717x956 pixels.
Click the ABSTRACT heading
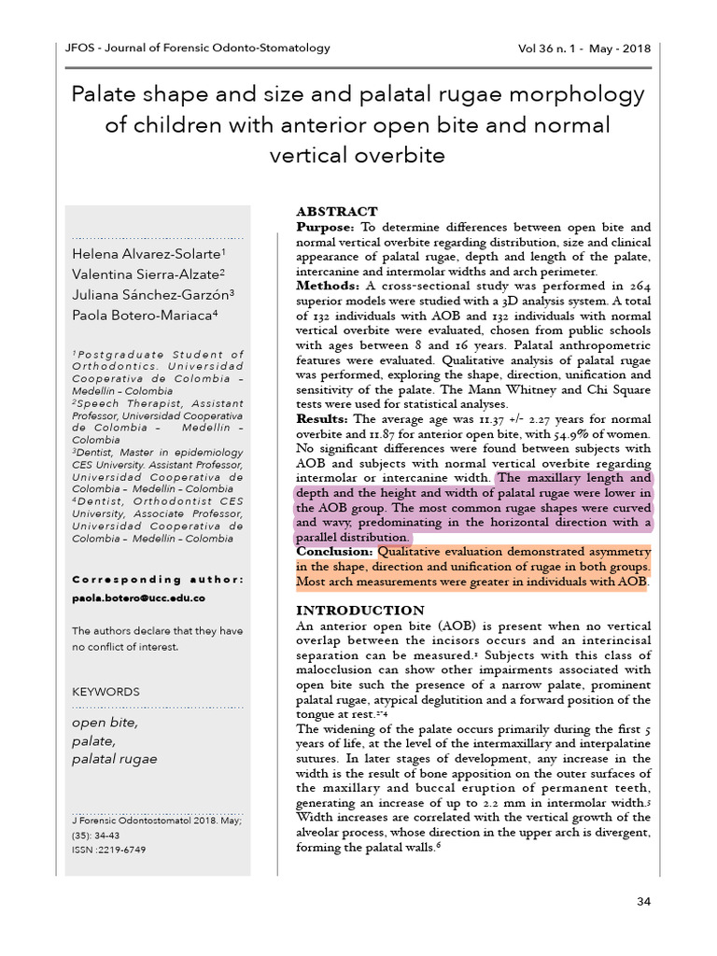[x=337, y=212]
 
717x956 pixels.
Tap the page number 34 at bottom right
[x=642, y=901]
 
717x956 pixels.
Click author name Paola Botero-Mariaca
[x=145, y=315]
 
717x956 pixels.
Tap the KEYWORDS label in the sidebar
[x=105, y=692]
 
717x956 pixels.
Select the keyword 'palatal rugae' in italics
[x=115, y=760]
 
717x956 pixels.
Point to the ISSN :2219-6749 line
[x=109, y=850]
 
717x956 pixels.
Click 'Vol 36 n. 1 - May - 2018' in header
[x=583, y=49]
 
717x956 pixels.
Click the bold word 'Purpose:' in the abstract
[x=325, y=227]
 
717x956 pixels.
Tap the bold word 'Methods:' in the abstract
[x=328, y=285]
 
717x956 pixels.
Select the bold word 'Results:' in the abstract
[x=322, y=419]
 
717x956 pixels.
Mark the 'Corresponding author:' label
[x=158, y=579]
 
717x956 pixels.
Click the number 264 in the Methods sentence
[x=637, y=285]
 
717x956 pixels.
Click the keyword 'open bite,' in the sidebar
[x=105, y=723]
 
